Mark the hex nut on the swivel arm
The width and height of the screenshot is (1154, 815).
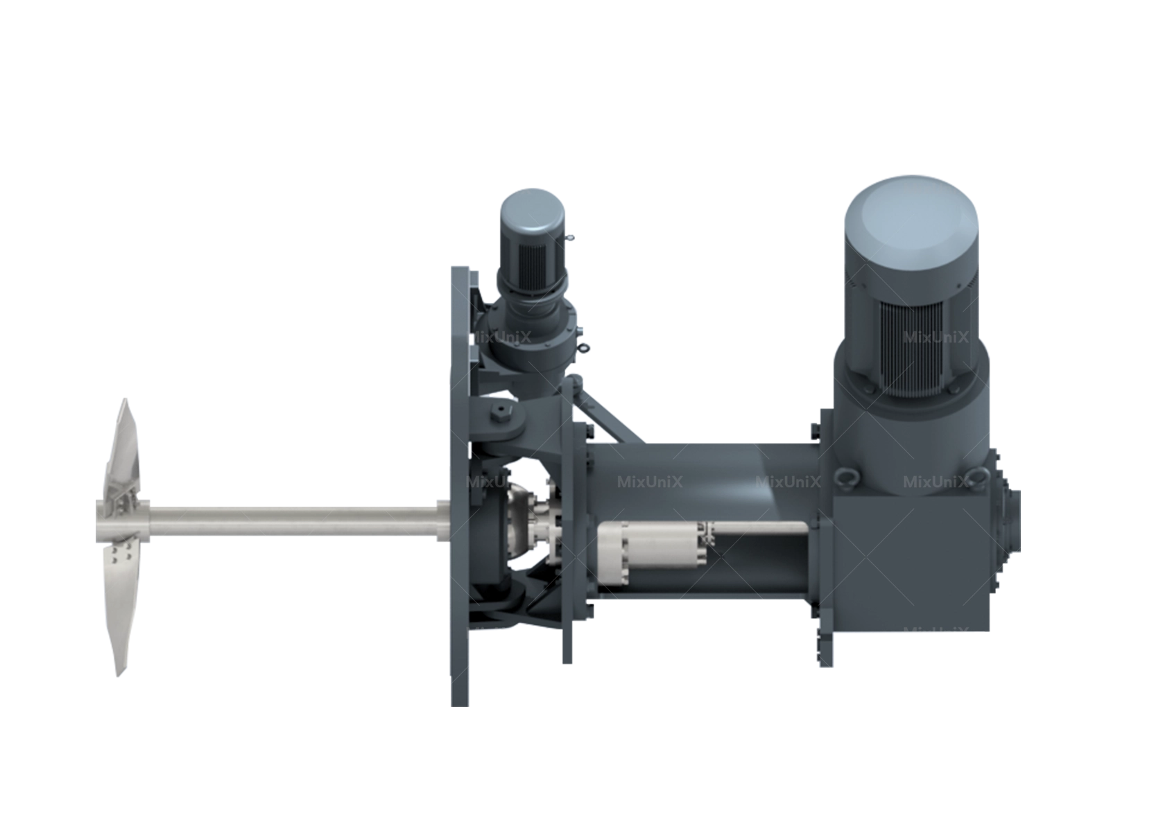499,415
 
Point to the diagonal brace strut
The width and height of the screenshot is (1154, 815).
610,416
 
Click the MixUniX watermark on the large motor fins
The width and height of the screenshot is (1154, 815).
935,338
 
